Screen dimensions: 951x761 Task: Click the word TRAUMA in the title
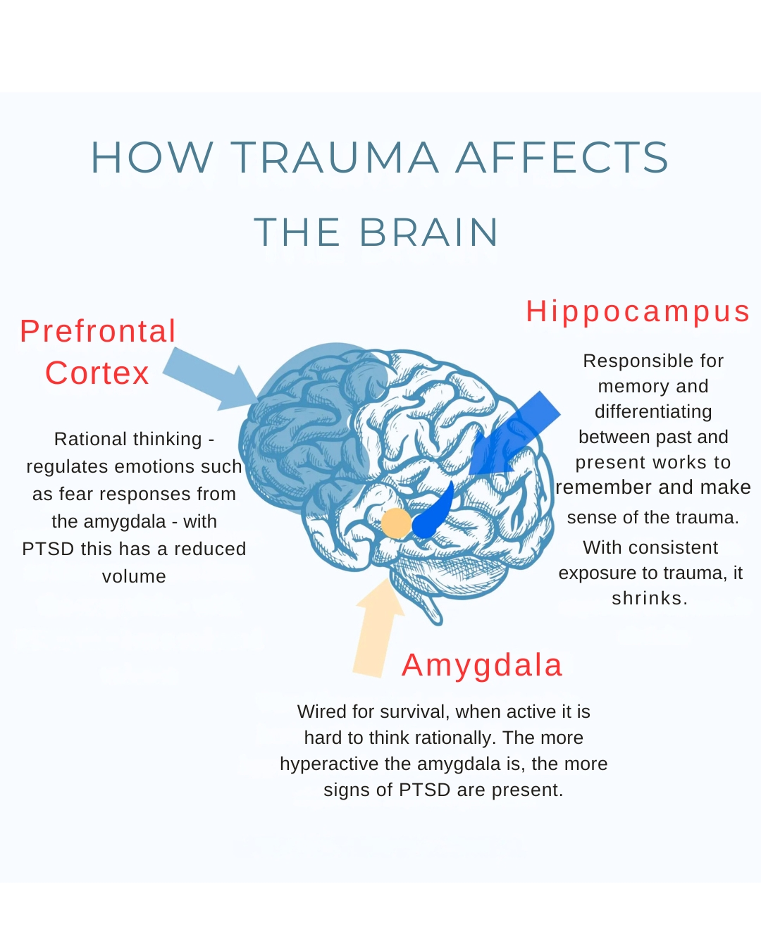[335, 157]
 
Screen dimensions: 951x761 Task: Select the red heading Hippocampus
[638, 311]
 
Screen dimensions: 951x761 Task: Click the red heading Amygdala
[482, 665]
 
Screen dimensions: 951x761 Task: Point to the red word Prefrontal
[98, 331]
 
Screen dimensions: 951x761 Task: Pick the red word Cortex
[97, 373]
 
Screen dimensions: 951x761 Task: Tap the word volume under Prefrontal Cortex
[134, 577]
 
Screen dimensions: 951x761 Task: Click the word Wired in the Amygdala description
[322, 712]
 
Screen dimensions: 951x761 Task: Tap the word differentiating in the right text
[653, 412]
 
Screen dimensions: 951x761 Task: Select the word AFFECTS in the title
[562, 157]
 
